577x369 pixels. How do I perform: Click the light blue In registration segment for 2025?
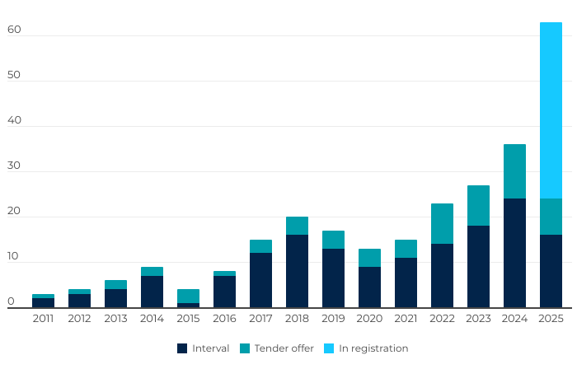(x=551, y=110)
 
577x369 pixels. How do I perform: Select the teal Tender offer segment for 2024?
(x=514, y=171)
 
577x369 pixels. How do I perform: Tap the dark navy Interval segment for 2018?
(x=297, y=271)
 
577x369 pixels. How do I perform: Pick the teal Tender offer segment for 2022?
(x=442, y=223)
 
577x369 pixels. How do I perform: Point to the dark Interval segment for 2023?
(x=478, y=266)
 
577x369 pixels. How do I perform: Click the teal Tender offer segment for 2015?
(x=188, y=296)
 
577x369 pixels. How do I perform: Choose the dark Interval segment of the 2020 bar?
(x=369, y=287)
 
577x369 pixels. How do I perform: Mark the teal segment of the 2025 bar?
(x=551, y=217)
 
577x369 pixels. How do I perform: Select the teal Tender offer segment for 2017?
(x=260, y=246)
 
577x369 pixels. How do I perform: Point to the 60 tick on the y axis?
(x=13, y=30)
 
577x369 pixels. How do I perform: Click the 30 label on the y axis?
(x=13, y=166)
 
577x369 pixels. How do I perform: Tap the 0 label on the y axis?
(x=12, y=302)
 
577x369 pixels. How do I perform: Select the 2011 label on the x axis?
(x=43, y=318)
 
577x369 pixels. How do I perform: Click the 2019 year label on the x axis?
(x=333, y=318)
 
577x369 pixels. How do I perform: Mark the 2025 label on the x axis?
(x=551, y=318)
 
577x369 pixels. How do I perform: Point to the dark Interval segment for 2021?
(x=406, y=283)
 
